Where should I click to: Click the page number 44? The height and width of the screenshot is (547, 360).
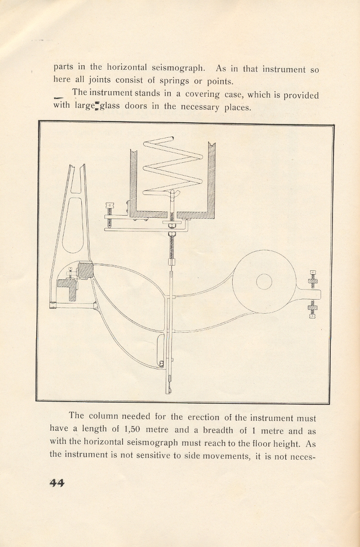pos(56,482)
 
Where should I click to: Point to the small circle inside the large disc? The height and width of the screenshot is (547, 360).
pos(264,282)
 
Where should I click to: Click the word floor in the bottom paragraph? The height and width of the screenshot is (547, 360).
pos(253,442)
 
